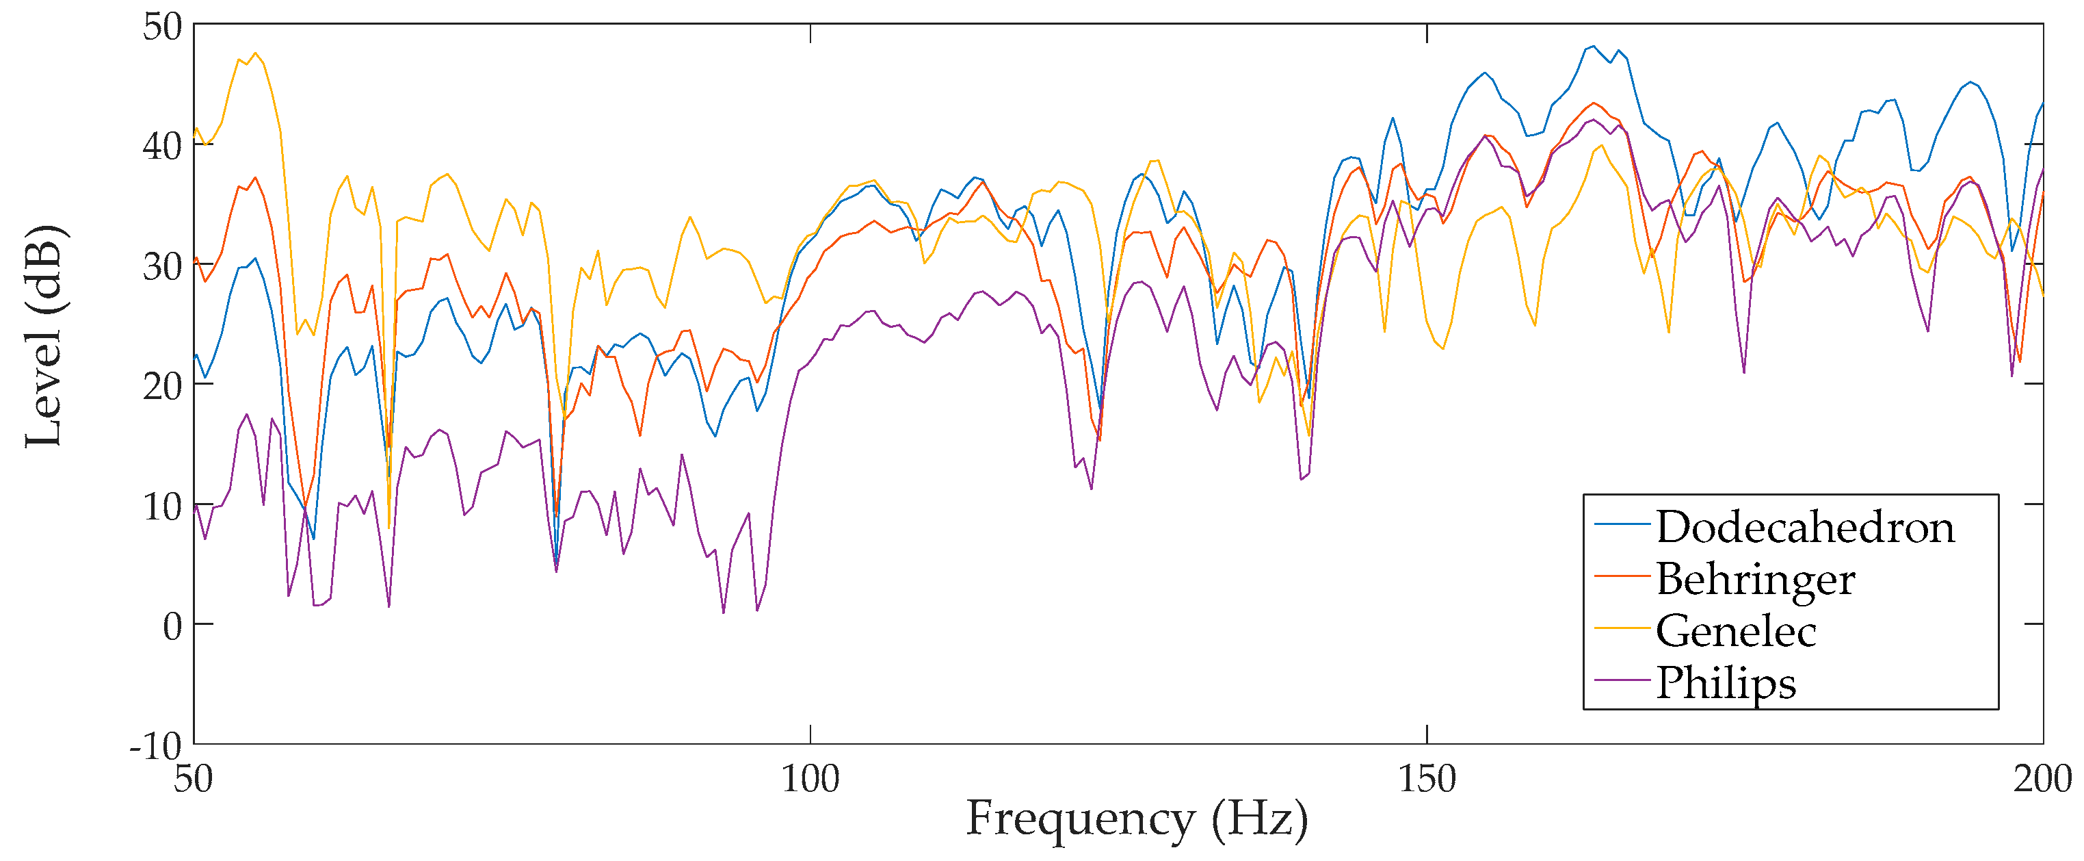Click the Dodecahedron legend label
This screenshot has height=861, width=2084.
1805,528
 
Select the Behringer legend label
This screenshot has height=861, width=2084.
1756,580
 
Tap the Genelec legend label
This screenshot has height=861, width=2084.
1735,631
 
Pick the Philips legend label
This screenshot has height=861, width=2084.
1726,683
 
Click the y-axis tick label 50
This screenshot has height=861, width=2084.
163,27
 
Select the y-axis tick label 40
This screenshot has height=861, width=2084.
163,146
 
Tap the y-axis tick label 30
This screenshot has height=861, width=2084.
163,266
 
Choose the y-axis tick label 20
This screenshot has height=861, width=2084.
163,386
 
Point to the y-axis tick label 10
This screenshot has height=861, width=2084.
163,506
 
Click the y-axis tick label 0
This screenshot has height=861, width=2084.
172,626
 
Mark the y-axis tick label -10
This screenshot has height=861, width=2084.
155,746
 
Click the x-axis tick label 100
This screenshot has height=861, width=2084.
810,778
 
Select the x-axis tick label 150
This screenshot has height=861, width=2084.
1427,778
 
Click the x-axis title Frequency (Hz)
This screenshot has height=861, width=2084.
1137,819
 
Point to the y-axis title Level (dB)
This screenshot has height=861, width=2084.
44,336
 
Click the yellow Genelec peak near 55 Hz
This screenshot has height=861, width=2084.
256,53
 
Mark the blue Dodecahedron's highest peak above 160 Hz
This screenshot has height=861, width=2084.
1593,46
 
